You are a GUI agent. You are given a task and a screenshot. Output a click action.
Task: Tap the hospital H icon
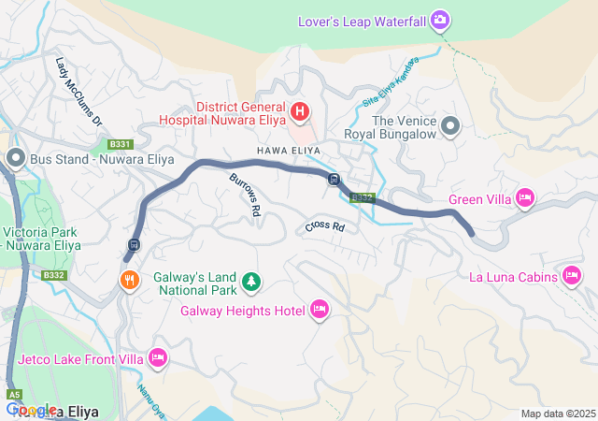click(x=300, y=113)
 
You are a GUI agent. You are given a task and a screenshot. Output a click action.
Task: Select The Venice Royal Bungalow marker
click(x=451, y=125)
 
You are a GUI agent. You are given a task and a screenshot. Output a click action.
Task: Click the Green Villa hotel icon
click(x=525, y=197)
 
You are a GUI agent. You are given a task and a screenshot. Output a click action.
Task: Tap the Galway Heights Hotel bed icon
click(x=320, y=309)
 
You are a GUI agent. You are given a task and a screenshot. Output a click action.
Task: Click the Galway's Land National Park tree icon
click(x=249, y=280)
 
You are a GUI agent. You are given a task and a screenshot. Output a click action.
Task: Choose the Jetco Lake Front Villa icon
click(x=158, y=357)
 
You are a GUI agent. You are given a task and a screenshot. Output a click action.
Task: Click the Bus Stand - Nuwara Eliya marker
click(x=15, y=158)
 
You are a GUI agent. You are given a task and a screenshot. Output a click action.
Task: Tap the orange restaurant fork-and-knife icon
click(x=129, y=278)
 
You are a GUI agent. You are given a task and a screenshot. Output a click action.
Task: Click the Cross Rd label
click(x=324, y=227)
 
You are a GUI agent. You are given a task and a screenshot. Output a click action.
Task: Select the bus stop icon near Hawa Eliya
click(x=334, y=180)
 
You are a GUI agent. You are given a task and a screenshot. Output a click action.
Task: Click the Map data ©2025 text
click(x=557, y=414)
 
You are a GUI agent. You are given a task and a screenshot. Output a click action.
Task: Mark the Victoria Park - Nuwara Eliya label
click(x=41, y=239)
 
